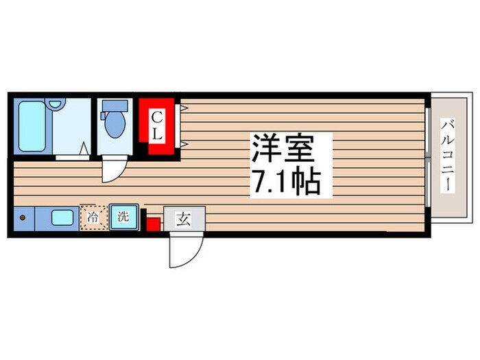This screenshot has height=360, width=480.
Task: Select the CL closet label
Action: pos(157,126)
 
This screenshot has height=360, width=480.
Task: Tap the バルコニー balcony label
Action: pos(449,156)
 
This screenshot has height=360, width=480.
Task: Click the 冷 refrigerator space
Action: pos(91,217)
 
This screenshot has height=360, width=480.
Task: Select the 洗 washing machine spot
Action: pos(123,217)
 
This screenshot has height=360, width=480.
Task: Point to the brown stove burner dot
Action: pos(22,219)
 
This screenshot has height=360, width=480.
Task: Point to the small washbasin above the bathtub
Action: pos(56,105)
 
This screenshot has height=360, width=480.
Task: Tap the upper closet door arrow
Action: pos(184,108)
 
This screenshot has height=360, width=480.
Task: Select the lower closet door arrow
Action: pos(184,143)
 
